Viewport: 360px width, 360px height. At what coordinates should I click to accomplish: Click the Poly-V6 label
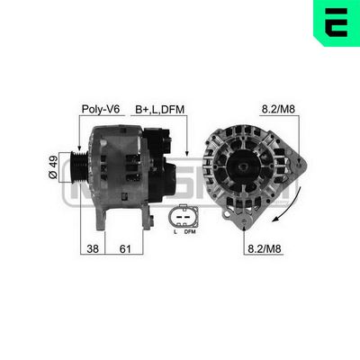click(x=101, y=109)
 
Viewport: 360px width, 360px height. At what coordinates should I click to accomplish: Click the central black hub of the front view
click(x=245, y=171)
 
